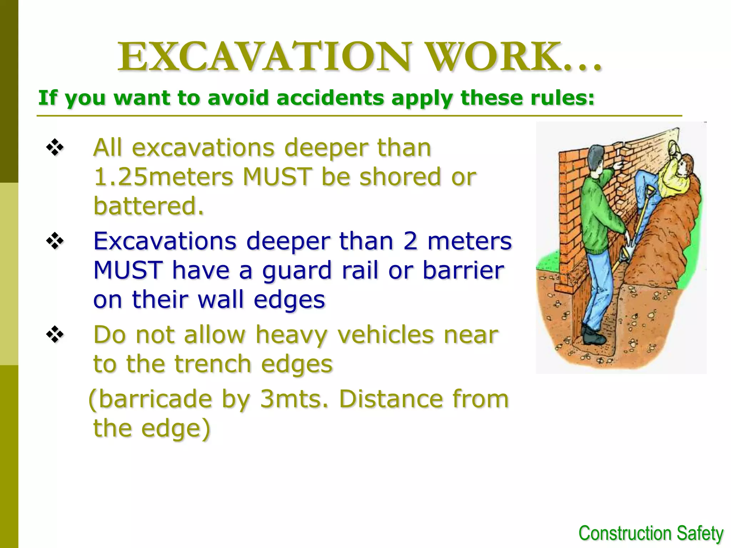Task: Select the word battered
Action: pyautogui.click(x=148, y=206)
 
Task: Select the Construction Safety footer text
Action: pyautogui.click(x=651, y=534)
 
